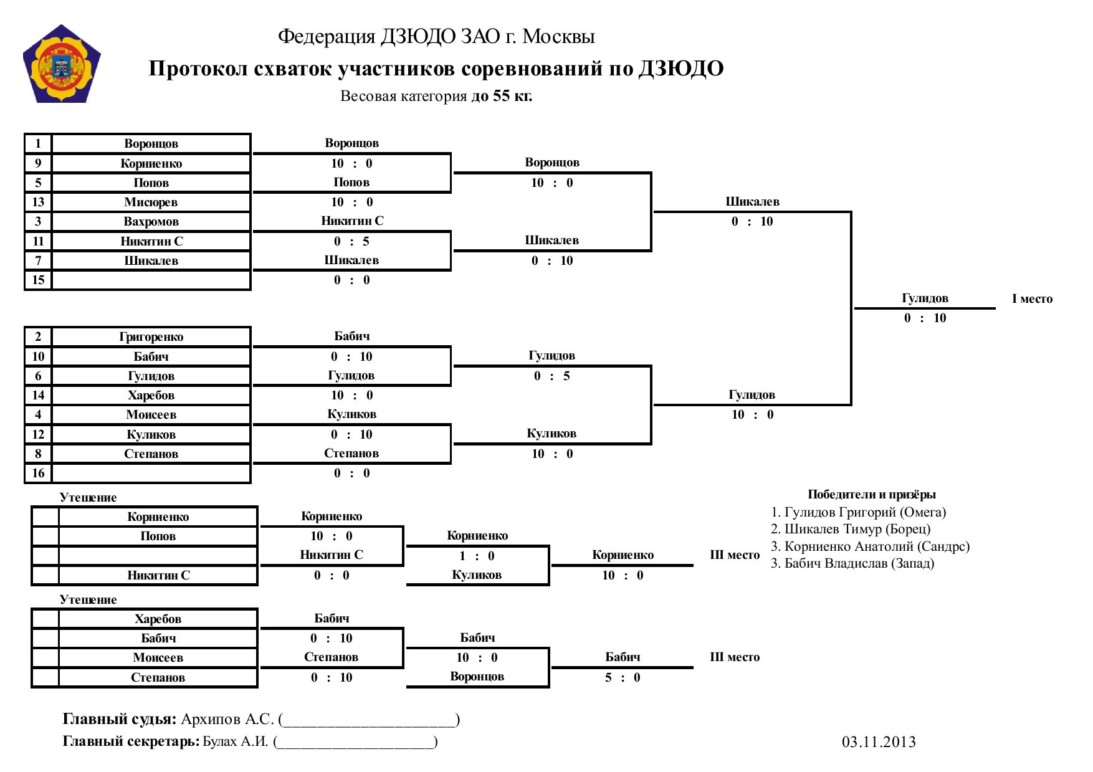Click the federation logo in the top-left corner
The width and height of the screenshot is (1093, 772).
tap(62, 64)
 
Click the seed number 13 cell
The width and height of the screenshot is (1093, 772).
tap(38, 202)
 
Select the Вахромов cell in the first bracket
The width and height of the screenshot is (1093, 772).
tap(151, 221)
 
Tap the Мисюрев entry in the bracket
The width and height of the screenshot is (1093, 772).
tap(151, 202)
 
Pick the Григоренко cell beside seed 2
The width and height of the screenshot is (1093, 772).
tap(151, 336)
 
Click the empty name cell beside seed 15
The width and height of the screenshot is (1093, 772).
tap(151, 280)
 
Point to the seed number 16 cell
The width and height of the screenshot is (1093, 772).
tap(38, 473)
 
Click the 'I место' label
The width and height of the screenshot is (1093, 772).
tap(1032, 298)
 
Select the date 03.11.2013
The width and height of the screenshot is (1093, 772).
tap(879, 741)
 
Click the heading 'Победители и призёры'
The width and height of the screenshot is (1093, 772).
tap(872, 494)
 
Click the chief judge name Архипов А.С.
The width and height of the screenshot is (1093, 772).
tap(227, 719)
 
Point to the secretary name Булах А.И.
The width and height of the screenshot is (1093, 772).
tap(236, 741)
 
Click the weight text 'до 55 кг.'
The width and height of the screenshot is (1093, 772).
tap(502, 96)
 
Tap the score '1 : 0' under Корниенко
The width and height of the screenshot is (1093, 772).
tap(477, 556)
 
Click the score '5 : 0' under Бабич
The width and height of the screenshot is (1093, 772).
tap(623, 677)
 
